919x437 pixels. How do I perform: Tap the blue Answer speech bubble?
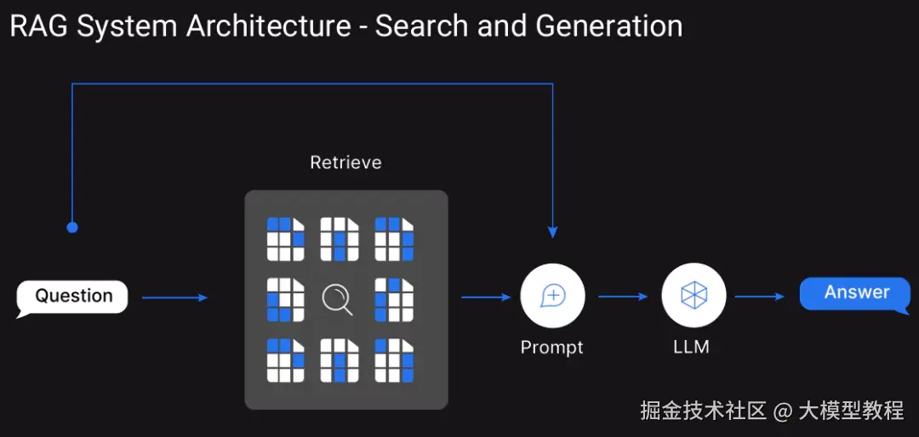[x=856, y=293]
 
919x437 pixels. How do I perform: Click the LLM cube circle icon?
[x=694, y=295]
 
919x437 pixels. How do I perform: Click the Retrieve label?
[x=345, y=162]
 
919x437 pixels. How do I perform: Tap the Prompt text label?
[x=552, y=348]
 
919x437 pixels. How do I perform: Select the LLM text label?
[x=692, y=347]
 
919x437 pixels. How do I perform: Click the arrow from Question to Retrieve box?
[x=174, y=298]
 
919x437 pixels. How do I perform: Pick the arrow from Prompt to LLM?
[x=623, y=297]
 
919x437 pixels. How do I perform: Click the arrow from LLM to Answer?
[x=760, y=297]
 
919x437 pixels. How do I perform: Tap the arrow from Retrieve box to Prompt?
[x=487, y=298]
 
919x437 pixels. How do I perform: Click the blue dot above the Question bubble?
[x=72, y=227]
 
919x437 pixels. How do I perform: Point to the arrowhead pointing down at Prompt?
[x=553, y=232]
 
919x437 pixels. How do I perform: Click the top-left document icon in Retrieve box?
[x=286, y=239]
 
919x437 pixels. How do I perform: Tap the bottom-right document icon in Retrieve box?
[x=395, y=360]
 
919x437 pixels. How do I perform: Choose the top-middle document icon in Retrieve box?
[x=340, y=239]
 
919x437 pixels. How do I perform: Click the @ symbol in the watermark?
[x=783, y=411]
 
